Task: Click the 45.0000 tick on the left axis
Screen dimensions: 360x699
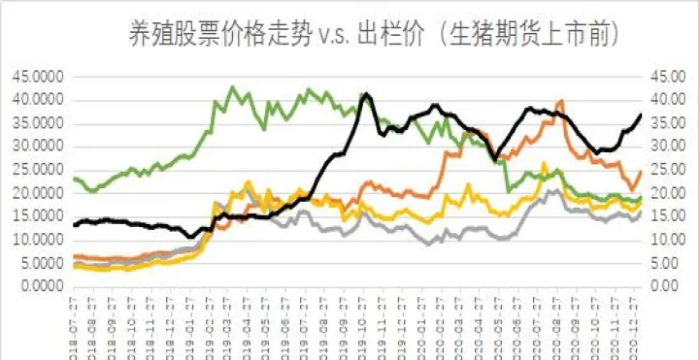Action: (34, 75)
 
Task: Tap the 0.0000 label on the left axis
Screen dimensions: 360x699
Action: (38, 286)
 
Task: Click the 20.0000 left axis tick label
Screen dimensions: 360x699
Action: (34, 192)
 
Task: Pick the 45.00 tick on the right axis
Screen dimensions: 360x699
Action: (664, 75)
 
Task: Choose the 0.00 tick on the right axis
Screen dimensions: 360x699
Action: (667, 286)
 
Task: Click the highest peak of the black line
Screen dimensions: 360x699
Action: (365, 94)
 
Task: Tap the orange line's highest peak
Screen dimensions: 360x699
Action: (561, 100)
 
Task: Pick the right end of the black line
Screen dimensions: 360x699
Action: (641, 115)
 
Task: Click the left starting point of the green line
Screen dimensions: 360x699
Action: (75, 179)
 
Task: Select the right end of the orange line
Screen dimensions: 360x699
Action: (641, 171)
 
